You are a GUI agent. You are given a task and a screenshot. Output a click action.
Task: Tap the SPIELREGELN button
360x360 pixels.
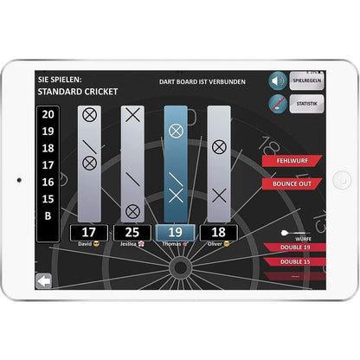point(306,80)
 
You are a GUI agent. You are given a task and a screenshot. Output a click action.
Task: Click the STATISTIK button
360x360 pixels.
point(306,104)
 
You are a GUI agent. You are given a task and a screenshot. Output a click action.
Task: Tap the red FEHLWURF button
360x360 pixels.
point(292,161)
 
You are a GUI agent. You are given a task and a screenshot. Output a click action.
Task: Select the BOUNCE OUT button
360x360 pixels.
point(292,183)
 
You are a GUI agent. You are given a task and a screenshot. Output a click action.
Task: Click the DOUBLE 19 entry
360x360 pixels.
point(295,248)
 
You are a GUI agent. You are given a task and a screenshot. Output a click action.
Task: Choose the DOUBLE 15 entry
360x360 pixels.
point(295,260)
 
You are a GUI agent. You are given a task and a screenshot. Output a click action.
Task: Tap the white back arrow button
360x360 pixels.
point(42,280)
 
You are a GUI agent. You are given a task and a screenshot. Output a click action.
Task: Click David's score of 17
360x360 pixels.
point(89,233)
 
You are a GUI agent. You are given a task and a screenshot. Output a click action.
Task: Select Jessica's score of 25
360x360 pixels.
point(132,233)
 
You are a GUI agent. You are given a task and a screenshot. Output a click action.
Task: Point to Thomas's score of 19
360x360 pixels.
point(176,233)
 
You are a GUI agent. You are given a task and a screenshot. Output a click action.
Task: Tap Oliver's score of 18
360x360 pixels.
point(218,233)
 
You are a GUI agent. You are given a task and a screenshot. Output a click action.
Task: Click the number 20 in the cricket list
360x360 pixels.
point(48,114)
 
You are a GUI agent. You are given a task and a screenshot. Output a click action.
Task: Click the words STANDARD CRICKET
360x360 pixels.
point(77,91)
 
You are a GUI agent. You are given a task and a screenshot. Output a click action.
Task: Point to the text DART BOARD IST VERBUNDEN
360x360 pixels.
point(202,81)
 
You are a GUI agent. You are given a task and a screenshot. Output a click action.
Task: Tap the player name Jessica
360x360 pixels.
point(130,245)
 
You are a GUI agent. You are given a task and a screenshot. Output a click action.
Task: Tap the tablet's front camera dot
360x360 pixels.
point(19,180)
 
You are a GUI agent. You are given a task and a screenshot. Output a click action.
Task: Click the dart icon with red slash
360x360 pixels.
point(277,104)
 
